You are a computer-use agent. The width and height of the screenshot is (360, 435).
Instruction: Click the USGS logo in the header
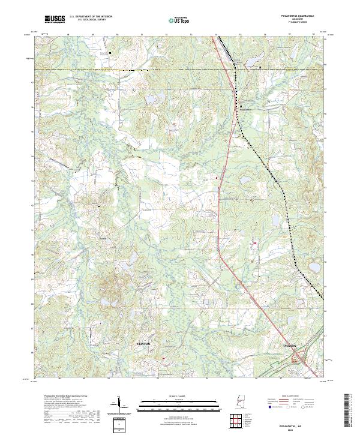(55, 20)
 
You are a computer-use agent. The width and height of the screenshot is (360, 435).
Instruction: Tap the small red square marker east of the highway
(255, 243)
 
